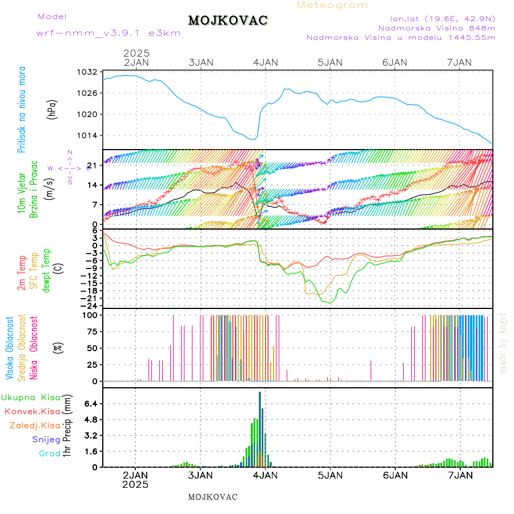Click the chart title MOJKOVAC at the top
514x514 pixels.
pos(228,21)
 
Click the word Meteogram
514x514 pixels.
pos(332,5)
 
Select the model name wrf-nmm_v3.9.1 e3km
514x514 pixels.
pos(109,33)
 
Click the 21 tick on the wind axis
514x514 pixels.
pos(92,166)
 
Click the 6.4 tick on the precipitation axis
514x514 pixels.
pos(91,403)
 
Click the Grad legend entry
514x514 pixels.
pos(49,454)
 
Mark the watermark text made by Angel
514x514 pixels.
pos(503,343)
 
